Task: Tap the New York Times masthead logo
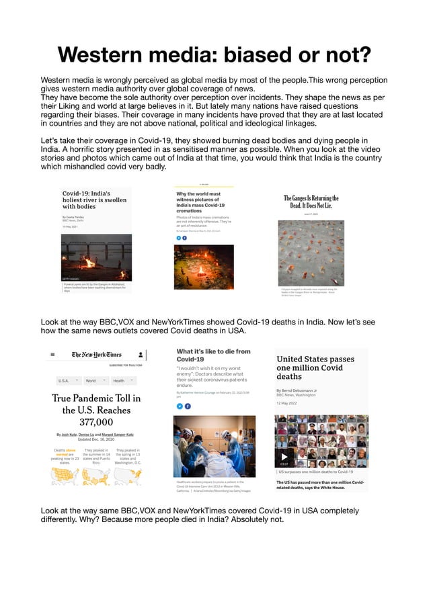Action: point(97,354)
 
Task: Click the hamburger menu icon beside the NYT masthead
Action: point(52,354)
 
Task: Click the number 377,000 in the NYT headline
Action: point(96,422)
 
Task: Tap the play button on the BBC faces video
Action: point(285,457)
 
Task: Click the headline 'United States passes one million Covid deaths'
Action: point(315,367)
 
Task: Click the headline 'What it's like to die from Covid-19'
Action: point(213,355)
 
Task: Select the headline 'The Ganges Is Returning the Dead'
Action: point(311,202)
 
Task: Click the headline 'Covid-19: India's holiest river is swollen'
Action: point(94,200)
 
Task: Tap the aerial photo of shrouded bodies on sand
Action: point(311,253)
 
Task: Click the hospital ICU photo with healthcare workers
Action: point(214,446)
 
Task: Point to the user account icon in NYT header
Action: point(141,354)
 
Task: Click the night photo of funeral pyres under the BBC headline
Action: point(96,257)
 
